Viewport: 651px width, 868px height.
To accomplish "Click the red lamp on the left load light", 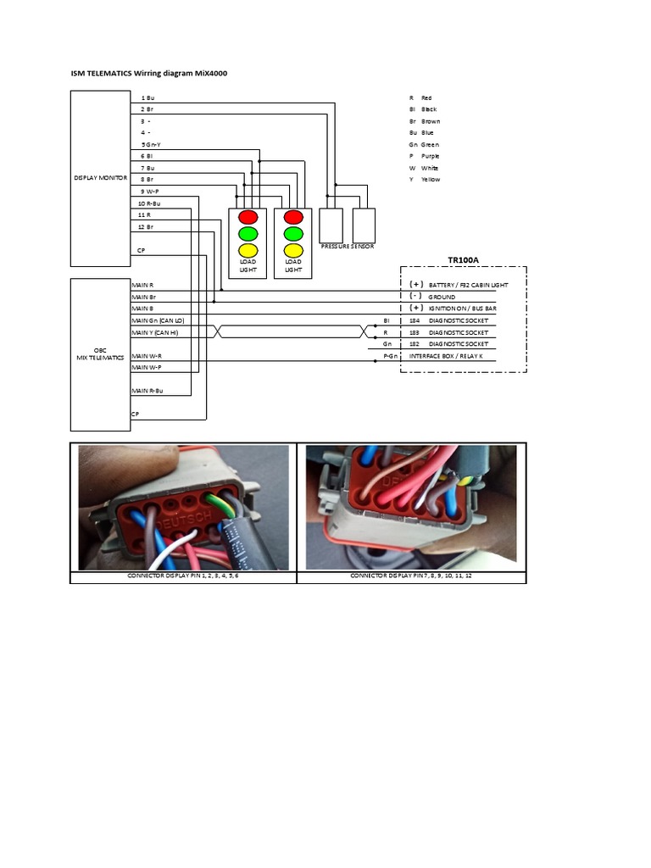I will pyautogui.click(x=248, y=216).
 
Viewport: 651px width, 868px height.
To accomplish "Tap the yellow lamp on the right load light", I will pyautogui.click(x=293, y=250).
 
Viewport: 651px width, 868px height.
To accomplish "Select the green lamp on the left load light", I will pyautogui.click(x=248, y=233).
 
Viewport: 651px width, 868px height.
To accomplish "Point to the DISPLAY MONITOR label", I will pyautogui.click(x=100, y=179).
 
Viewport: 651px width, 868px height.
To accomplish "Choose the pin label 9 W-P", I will pyautogui.click(x=151, y=192).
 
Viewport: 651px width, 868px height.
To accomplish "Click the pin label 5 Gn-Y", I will pyautogui.click(x=153, y=145).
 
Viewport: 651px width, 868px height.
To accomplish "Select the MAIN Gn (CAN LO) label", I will pyautogui.click(x=158, y=321).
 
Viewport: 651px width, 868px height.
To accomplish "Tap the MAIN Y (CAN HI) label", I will pyautogui.click(x=156, y=333).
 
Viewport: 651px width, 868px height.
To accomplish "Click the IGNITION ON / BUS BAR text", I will pyautogui.click(x=463, y=309).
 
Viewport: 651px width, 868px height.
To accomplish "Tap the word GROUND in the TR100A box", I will pyautogui.click(x=442, y=298).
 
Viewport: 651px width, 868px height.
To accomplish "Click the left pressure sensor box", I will pyautogui.click(x=331, y=225).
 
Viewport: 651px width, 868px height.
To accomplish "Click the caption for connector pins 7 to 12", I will pyautogui.click(x=411, y=576).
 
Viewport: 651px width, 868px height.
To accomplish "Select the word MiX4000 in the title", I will pyautogui.click(x=209, y=74).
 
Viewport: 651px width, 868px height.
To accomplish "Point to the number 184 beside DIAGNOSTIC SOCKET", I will pyautogui.click(x=415, y=321).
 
